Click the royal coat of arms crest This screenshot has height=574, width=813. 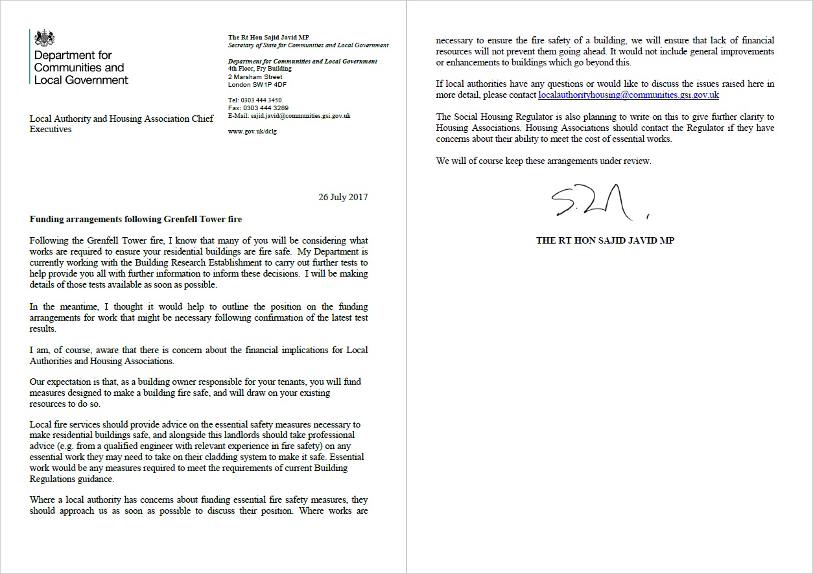[45, 38]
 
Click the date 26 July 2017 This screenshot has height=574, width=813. [343, 197]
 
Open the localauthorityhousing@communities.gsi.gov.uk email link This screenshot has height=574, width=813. [628, 95]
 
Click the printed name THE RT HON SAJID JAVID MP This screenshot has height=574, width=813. [605, 240]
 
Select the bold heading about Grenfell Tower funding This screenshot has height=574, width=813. [135, 220]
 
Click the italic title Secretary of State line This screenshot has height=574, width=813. [308, 45]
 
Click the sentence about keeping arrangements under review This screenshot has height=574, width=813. [543, 161]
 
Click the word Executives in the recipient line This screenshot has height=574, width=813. [51, 129]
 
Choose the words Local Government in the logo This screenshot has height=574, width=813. [81, 80]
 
